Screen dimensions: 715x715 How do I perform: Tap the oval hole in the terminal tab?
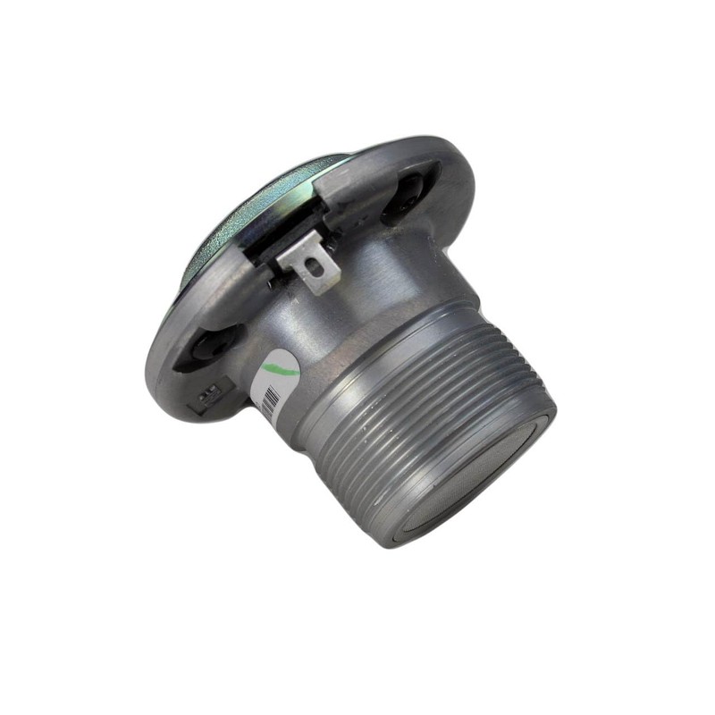[x=313, y=265]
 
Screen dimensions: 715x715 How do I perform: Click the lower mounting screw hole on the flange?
[x=207, y=344]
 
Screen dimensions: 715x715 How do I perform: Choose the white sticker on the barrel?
[x=273, y=384]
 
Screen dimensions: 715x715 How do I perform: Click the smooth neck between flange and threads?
[x=357, y=295]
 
